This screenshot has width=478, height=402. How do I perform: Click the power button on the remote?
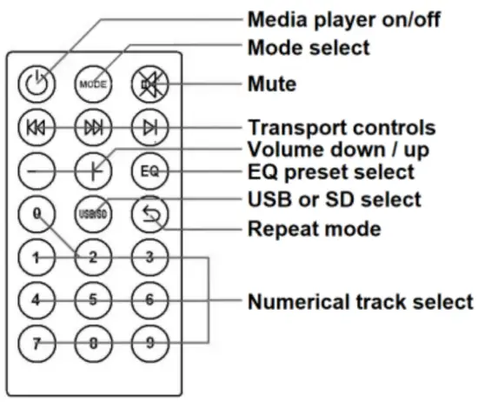[x=37, y=85]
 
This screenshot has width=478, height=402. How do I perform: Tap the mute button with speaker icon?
[x=147, y=85]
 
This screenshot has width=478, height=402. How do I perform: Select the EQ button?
[x=147, y=171]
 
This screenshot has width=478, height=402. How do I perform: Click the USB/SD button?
[x=91, y=213]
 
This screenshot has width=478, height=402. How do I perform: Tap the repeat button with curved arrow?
[x=147, y=213]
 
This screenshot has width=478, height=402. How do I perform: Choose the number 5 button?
[x=91, y=299]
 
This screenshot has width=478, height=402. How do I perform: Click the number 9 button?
[x=147, y=342]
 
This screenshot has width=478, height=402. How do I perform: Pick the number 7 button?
[x=37, y=342]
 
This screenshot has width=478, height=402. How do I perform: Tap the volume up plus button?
[x=91, y=171]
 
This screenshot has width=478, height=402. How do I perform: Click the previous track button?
[x=37, y=128]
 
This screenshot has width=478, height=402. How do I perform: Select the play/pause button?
[x=147, y=128]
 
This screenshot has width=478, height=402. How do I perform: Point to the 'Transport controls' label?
[x=342, y=127]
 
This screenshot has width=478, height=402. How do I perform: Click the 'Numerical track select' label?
[x=360, y=302]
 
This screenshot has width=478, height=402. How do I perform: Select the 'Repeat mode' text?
[x=314, y=230]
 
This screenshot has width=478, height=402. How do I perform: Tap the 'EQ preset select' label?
[x=331, y=171]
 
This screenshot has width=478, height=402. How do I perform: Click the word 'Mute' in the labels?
[x=271, y=84]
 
